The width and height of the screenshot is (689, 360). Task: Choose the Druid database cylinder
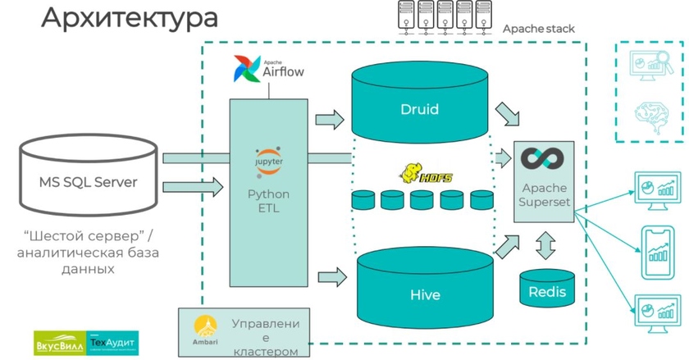tap(419, 107)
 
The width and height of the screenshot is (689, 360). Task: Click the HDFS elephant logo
tap(422, 172)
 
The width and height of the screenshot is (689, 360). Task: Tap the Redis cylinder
tap(547, 289)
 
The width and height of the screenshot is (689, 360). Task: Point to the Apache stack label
tap(538, 29)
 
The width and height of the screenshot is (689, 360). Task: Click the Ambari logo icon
tap(202, 326)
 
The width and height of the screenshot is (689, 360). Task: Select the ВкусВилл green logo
tap(58, 340)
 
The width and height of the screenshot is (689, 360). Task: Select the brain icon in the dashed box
tap(646, 113)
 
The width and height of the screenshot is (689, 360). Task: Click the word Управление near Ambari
tap(265, 324)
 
